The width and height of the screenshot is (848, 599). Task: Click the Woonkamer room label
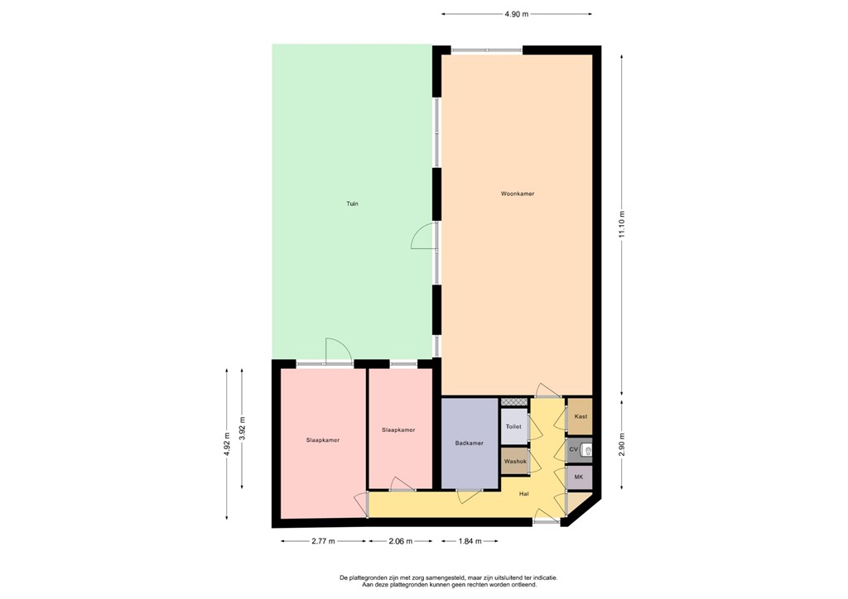point(517,194)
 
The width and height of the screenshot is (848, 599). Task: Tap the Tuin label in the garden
point(353,203)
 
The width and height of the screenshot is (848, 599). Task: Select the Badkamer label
point(470,443)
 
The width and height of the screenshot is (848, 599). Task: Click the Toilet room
point(513,426)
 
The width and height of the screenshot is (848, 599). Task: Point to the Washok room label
point(515,462)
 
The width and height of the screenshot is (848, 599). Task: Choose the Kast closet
point(581,416)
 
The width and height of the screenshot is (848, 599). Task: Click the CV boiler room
point(573,450)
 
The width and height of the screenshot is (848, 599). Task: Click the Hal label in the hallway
point(524,494)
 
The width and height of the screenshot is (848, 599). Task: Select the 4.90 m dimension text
point(517,14)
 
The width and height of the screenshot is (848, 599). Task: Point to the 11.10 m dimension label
point(622,223)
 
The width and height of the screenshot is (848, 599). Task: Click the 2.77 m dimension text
point(323,541)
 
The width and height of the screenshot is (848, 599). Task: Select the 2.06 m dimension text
point(400,541)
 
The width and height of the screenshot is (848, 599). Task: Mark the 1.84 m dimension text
point(470,541)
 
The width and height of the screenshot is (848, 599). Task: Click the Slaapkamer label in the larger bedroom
point(322,440)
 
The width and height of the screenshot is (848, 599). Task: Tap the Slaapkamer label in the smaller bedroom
point(398,430)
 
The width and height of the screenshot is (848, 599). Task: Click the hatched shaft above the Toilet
point(514,401)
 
